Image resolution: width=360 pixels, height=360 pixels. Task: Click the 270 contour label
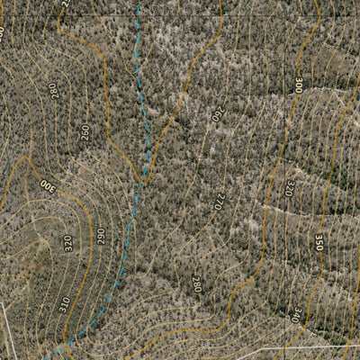tap(218, 201)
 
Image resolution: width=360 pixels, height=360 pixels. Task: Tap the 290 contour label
tap(101, 236)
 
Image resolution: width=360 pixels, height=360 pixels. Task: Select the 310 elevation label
tap(65, 304)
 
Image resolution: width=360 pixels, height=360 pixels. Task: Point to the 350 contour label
tap(319, 242)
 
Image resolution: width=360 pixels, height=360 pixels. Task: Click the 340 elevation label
tap(297, 314)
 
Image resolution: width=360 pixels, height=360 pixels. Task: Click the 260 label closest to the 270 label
tap(217, 115)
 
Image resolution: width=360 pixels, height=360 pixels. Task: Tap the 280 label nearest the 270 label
tap(196, 284)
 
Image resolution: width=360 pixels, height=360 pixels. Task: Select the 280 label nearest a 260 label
tap(52, 90)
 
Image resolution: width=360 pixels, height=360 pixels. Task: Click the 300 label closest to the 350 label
tap(298, 85)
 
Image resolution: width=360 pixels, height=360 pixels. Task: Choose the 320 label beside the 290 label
tap(68, 243)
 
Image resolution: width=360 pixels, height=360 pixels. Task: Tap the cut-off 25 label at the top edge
tap(66, 3)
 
